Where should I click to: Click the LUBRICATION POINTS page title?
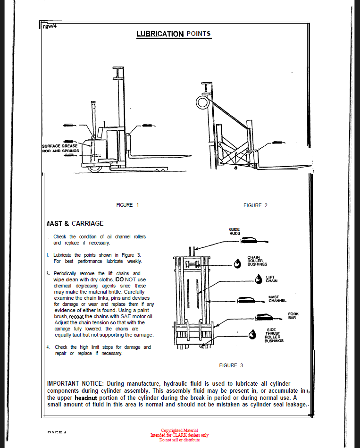click(174, 34)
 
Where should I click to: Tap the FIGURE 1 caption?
click(127, 205)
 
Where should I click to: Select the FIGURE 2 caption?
click(255, 205)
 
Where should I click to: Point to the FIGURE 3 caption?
click(231, 365)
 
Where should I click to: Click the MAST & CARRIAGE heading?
click(75, 223)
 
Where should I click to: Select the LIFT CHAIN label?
click(271, 279)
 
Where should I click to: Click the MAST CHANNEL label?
click(277, 299)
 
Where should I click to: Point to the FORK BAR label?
click(293, 315)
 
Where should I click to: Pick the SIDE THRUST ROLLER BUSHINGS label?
click(274, 335)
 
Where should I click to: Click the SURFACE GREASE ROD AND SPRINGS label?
click(60, 148)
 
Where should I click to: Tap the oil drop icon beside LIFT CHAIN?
click(259, 279)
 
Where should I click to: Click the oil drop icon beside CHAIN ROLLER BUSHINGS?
click(237, 262)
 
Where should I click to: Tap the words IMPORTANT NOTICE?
click(76, 383)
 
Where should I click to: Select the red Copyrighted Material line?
click(179, 431)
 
